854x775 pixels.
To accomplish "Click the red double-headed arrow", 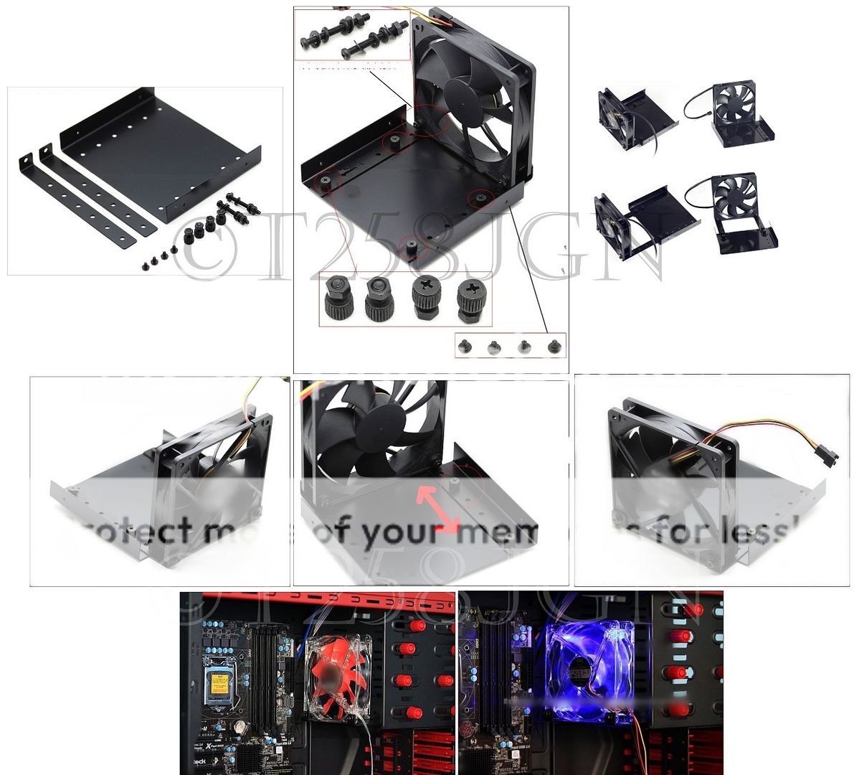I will pos(439,509).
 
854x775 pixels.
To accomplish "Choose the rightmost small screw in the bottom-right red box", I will pos(553,347).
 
